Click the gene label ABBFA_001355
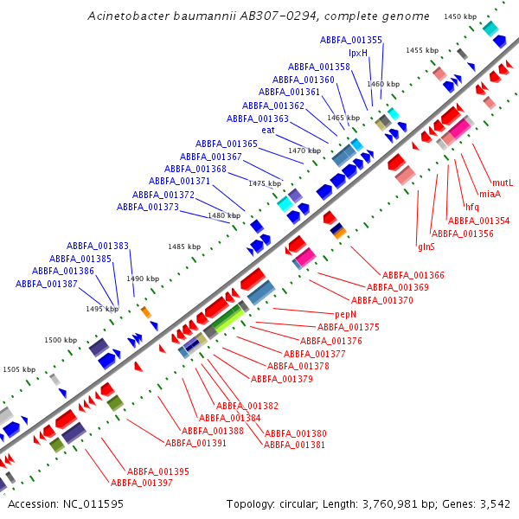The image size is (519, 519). point(350,40)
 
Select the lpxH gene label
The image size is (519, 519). point(358,53)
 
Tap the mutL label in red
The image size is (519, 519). point(503,183)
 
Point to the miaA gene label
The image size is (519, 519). point(490,195)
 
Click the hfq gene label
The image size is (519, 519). point(471,208)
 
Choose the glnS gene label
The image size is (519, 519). point(426,247)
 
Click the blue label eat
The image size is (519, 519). point(268,131)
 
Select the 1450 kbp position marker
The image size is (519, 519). point(459,16)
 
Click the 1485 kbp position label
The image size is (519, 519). point(183,247)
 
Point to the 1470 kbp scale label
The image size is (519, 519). point(304,151)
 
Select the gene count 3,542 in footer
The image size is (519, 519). point(495,503)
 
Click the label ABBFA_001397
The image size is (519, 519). point(141,483)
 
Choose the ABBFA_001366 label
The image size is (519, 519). point(413,275)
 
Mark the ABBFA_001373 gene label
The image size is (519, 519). point(148,207)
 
